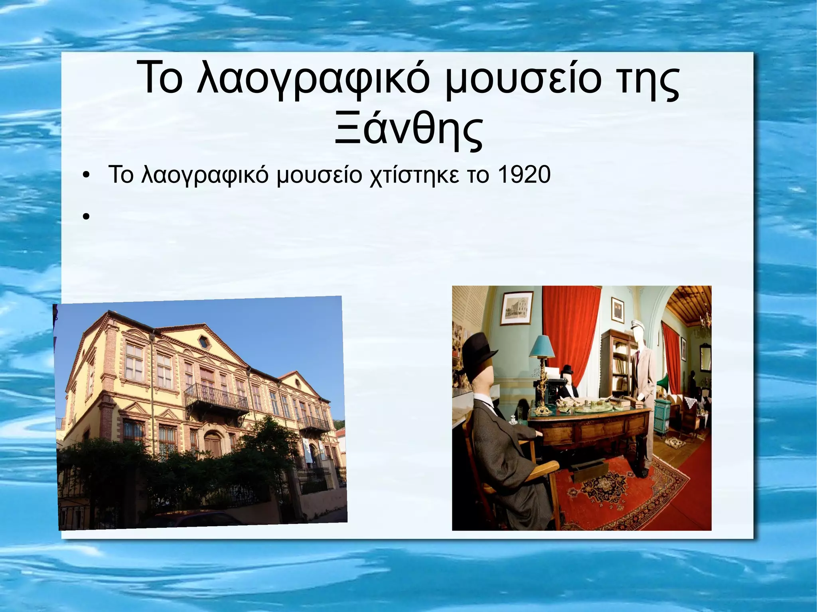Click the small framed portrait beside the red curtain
[617, 311]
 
